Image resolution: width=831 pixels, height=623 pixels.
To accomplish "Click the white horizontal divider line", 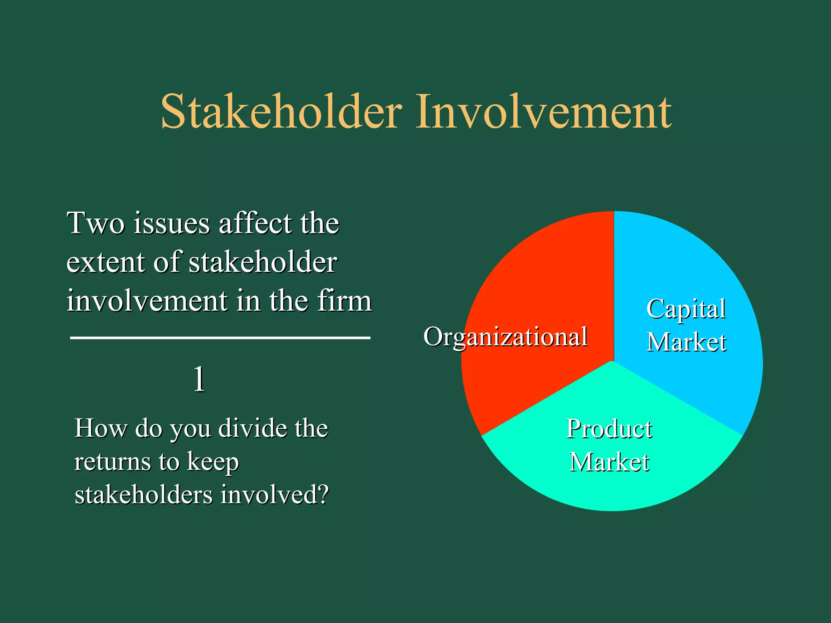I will [220, 337].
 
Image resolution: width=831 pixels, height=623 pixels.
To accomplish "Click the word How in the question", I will [101, 428].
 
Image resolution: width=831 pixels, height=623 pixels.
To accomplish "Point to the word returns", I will [112, 462].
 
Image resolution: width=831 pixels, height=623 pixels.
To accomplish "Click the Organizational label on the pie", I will [505, 337].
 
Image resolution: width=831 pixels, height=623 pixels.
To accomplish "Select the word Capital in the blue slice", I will [686, 309].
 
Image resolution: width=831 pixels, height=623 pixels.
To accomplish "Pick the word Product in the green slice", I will [609, 429].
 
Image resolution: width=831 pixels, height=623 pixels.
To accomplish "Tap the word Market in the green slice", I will [609, 462].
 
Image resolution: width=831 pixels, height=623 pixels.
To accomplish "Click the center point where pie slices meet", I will [614, 361].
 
